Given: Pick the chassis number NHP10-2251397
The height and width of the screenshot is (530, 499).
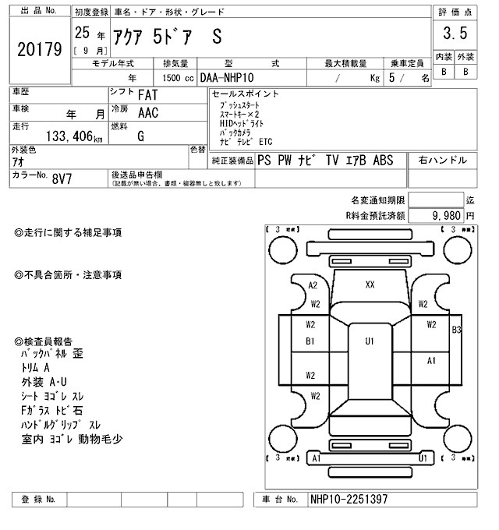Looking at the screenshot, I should (x=349, y=499).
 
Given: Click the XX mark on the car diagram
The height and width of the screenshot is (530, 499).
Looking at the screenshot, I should (x=370, y=285).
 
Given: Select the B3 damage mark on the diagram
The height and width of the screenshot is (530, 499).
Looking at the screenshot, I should (x=456, y=330).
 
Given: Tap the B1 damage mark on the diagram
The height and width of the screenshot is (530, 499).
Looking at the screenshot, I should (x=310, y=341).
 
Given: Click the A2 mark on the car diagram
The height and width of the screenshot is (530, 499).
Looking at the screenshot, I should (x=313, y=285).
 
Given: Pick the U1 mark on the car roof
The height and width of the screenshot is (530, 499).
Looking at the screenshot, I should (x=370, y=341).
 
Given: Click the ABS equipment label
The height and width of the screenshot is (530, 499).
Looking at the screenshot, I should (x=383, y=161).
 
